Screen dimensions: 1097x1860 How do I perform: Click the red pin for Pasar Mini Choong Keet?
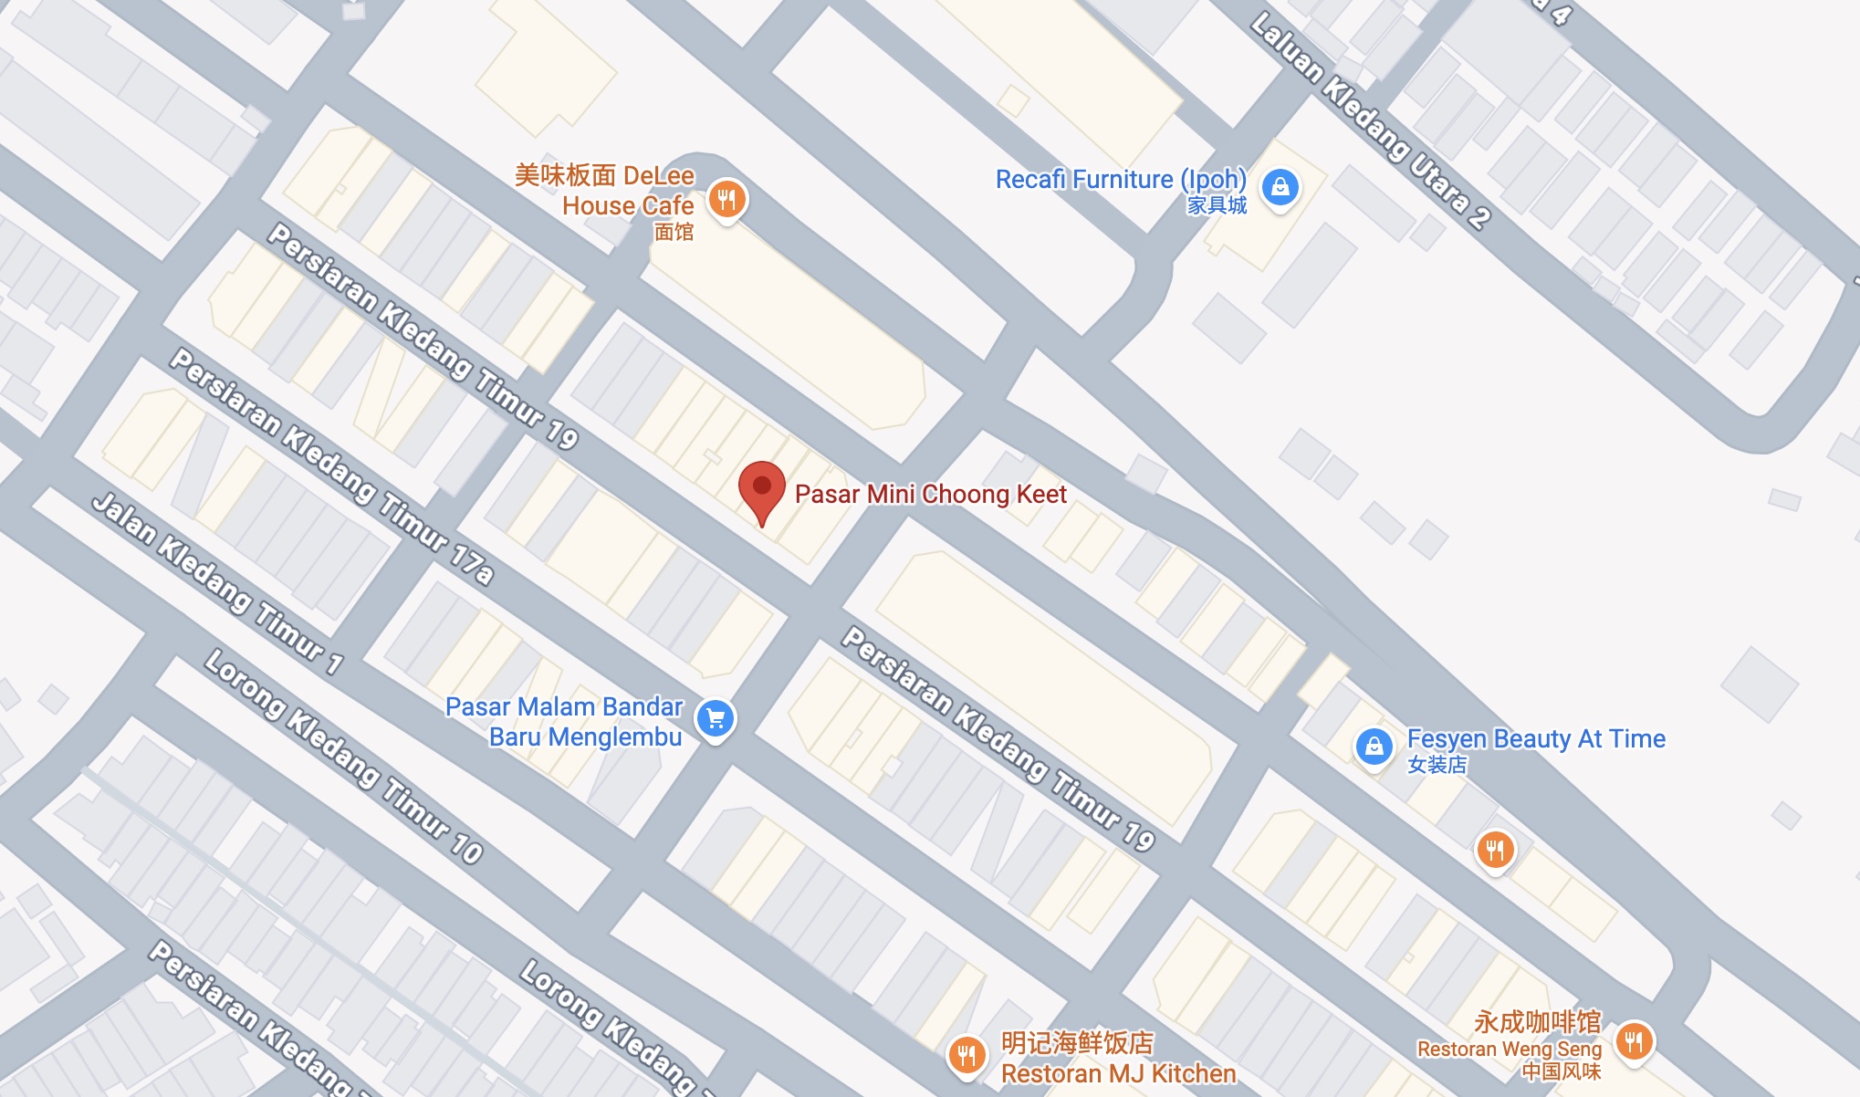tap(761, 488)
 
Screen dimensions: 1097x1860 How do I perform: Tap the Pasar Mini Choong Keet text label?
tap(930, 495)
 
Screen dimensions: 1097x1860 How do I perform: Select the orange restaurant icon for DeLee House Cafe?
tap(727, 199)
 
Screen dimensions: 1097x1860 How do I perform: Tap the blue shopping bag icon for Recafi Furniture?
tap(1280, 187)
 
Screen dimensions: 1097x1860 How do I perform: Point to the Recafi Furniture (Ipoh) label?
tap(1121, 180)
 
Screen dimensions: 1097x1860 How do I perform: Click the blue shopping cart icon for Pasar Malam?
tap(716, 719)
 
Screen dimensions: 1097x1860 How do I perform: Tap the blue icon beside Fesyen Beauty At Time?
tap(1374, 747)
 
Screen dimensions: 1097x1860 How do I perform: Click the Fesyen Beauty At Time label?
tap(1536, 739)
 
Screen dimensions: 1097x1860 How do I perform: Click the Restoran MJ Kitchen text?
tap(1118, 1074)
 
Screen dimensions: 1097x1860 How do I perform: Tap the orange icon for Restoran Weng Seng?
tap(1634, 1040)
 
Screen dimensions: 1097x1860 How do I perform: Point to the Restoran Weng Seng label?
tap(1509, 1050)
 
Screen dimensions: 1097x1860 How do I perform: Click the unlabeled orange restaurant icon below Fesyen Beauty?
tap(1495, 851)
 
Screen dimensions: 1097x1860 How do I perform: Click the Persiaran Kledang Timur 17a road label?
tap(332, 466)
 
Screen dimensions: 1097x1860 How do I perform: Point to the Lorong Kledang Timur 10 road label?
tap(343, 757)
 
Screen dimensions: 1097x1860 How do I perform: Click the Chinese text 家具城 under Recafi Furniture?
tap(1217, 205)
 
